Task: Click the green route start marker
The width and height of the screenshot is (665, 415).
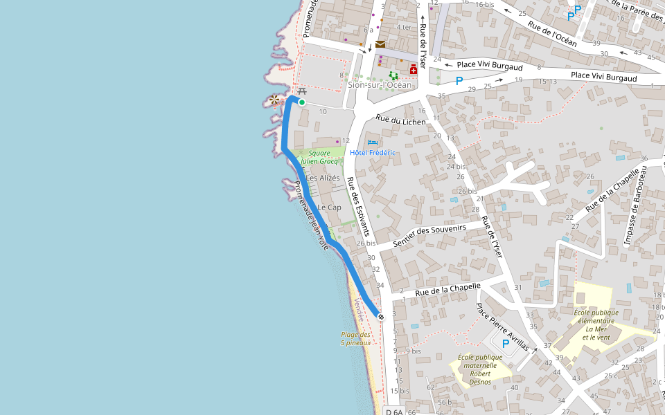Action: [302, 102]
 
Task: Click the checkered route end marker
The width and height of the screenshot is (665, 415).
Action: [381, 316]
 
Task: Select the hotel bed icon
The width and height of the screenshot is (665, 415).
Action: [363, 142]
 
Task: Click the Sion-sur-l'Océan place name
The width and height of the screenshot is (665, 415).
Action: [380, 85]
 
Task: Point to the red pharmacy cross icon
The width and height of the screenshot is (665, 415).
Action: [414, 69]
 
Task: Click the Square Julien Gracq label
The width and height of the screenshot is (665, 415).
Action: [319, 157]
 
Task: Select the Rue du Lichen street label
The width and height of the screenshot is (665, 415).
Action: [401, 120]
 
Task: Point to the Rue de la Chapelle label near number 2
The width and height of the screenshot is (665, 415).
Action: [447, 290]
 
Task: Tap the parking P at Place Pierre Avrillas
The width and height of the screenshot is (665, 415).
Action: [506, 343]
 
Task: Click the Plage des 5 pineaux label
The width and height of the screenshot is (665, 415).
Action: [355, 338]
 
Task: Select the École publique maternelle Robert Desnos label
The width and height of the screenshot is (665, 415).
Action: [479, 369]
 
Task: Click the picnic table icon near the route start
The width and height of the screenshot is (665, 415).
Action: [301, 91]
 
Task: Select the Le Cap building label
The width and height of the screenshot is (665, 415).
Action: [329, 207]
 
